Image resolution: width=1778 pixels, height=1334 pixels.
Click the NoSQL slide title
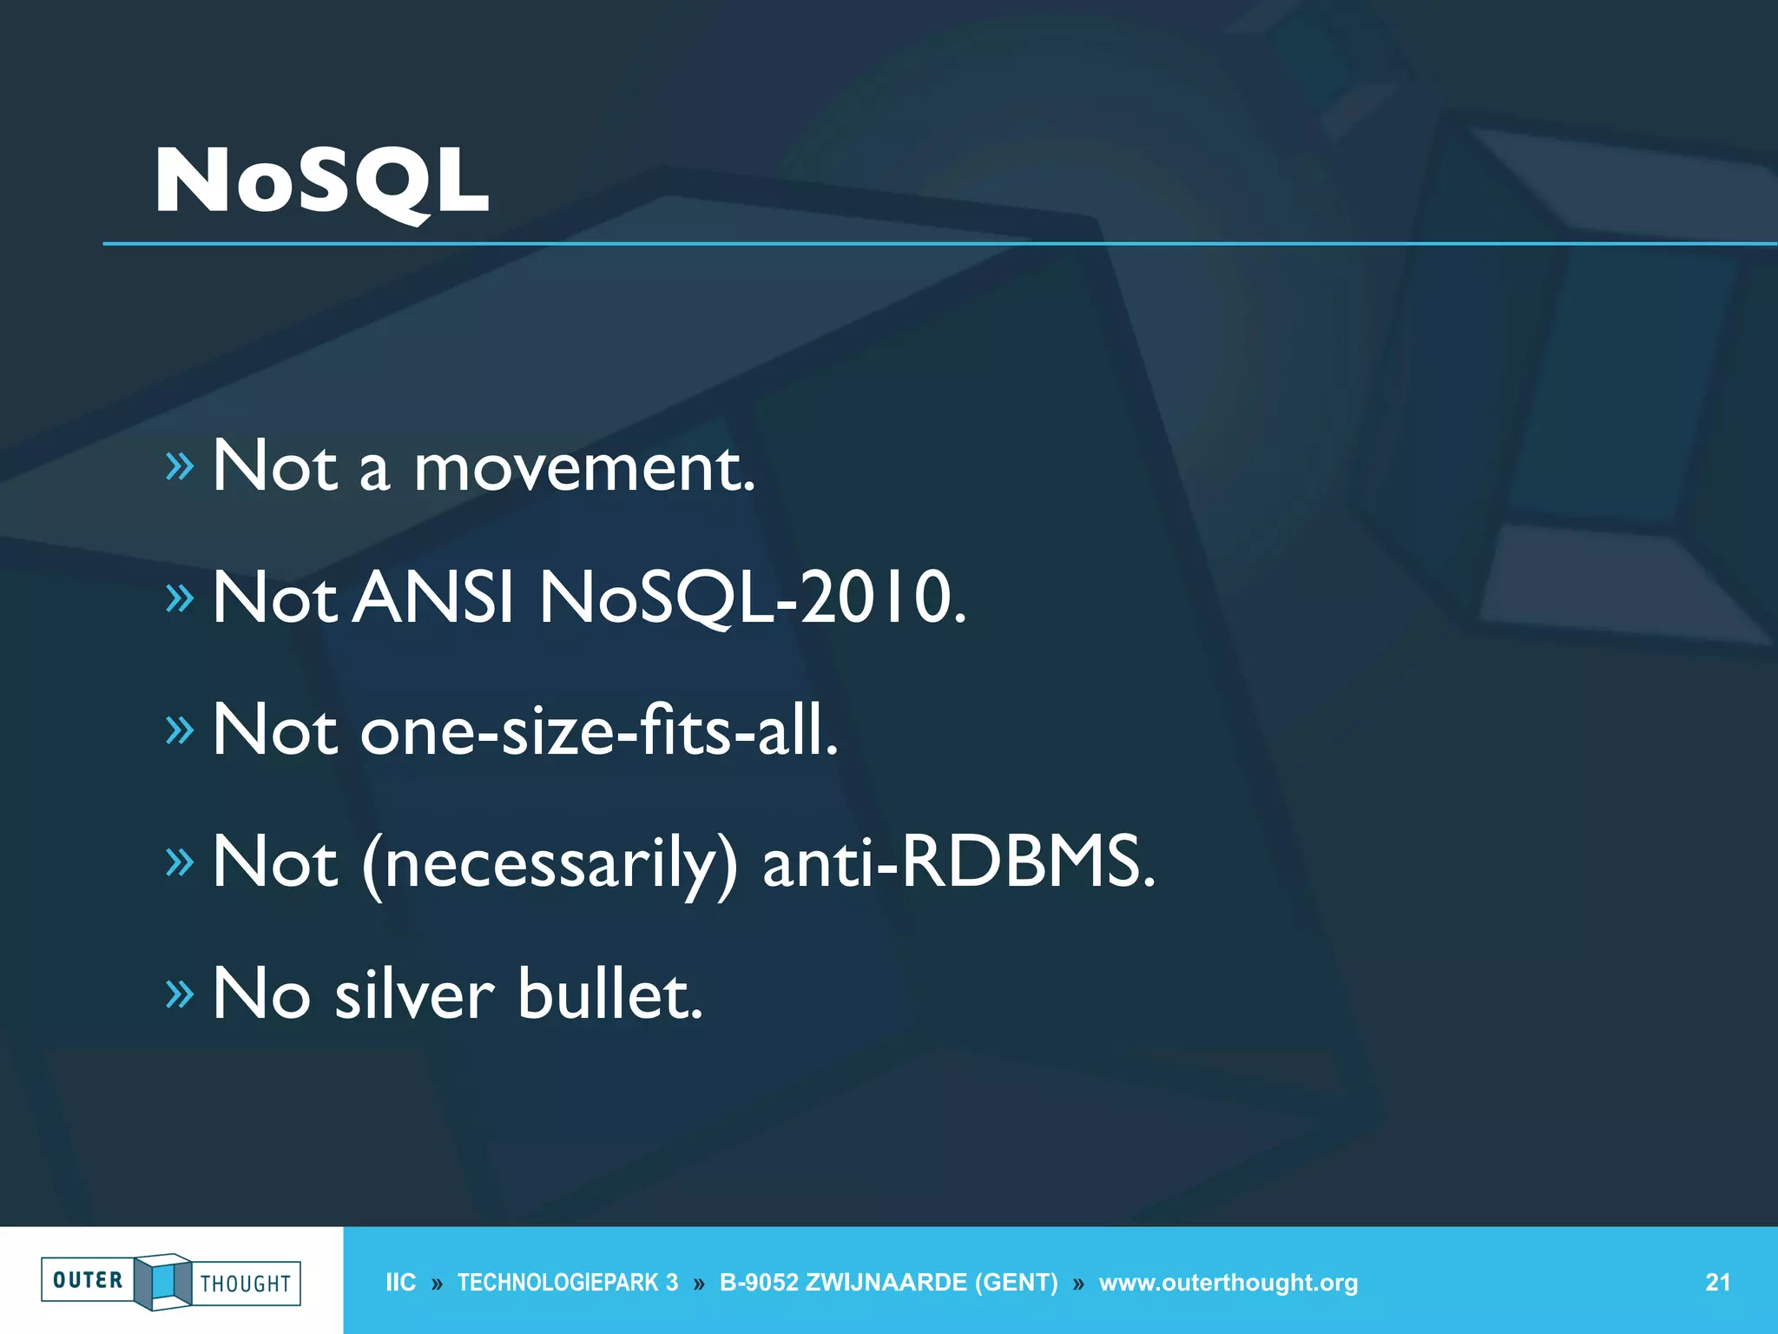pyautogui.click(x=321, y=181)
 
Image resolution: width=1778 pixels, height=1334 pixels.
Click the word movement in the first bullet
pyautogui.click(x=583, y=469)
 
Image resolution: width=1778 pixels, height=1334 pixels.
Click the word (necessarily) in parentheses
pyautogui.click(x=550, y=863)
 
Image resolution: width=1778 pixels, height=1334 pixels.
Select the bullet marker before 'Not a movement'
pyautogui.click(x=180, y=467)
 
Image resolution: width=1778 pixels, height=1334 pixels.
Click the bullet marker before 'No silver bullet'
pyautogui.click(x=180, y=994)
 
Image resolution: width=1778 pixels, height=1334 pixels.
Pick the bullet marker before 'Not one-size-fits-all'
pyautogui.click(x=180, y=730)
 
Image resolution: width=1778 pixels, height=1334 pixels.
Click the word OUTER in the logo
pyautogui.click(x=88, y=1280)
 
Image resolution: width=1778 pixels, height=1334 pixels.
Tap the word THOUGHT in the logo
pyautogui.click(x=246, y=1284)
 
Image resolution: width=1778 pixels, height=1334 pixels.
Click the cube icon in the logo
pyautogui.click(x=162, y=1281)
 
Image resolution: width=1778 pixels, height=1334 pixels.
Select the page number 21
pyautogui.click(x=1717, y=1282)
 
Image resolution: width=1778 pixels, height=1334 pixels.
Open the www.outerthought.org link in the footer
pyautogui.click(x=1228, y=1283)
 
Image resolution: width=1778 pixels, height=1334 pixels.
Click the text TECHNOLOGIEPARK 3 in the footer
pyautogui.click(x=568, y=1283)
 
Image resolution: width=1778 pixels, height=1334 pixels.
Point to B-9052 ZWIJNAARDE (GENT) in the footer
pyautogui.click(x=888, y=1283)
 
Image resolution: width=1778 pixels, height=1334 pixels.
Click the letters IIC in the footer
pyautogui.click(x=400, y=1283)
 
